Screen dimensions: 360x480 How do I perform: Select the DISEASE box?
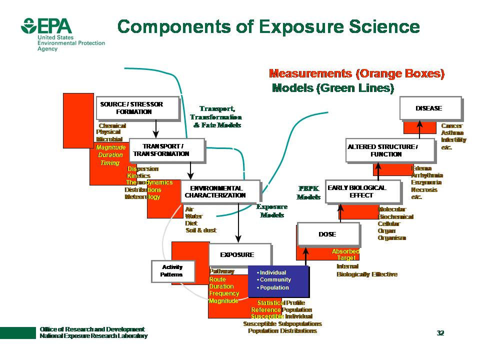(428, 108)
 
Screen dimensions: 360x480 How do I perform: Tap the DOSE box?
(327, 234)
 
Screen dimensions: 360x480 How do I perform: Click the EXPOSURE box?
(238, 255)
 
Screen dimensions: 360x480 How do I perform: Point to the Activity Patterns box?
(171, 271)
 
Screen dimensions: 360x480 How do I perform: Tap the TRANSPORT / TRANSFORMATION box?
(166, 150)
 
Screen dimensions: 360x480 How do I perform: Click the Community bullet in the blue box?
(275, 279)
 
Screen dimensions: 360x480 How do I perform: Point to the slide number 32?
(440, 333)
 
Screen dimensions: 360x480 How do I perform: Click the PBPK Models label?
(308, 193)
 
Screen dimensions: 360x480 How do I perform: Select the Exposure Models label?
(272, 211)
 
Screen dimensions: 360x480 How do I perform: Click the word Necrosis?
(424, 190)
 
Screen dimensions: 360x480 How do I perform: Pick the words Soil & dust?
(200, 230)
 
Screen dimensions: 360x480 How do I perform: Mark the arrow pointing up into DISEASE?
(419, 124)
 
